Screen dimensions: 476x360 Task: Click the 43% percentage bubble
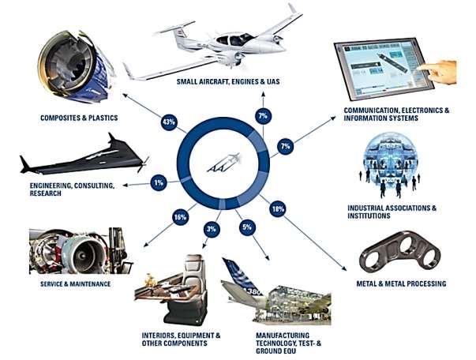pos(167,123)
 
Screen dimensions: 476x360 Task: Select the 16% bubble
pos(180,216)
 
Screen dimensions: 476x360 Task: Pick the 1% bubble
pos(159,182)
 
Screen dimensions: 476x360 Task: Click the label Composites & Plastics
pos(78,118)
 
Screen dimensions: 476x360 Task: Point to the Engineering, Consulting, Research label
pos(60,189)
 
